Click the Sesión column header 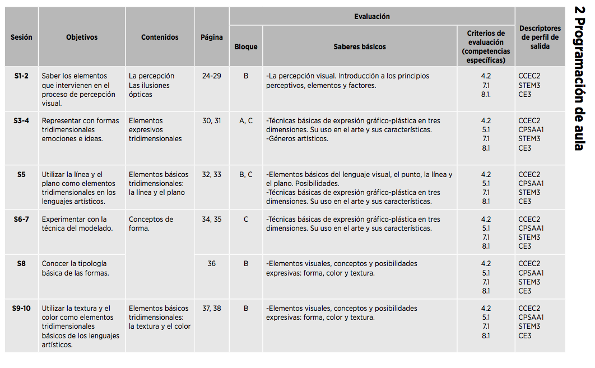click(21, 37)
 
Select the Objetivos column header click(82, 37)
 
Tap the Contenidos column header click(160, 37)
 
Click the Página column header click(212, 37)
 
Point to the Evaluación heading click(371, 16)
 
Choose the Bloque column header click(246, 46)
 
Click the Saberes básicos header click(360, 46)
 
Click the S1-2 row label click(21, 76)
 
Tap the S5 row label click(21, 174)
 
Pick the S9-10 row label click(21, 308)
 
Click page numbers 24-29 click(212, 76)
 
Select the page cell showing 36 click(212, 263)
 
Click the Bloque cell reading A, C click(246, 120)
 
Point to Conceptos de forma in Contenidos click(151, 223)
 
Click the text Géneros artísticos click(297, 138)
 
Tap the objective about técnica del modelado click(77, 223)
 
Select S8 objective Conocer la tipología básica click(75, 268)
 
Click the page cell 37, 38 click(212, 308)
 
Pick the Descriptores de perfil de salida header click(540, 37)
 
